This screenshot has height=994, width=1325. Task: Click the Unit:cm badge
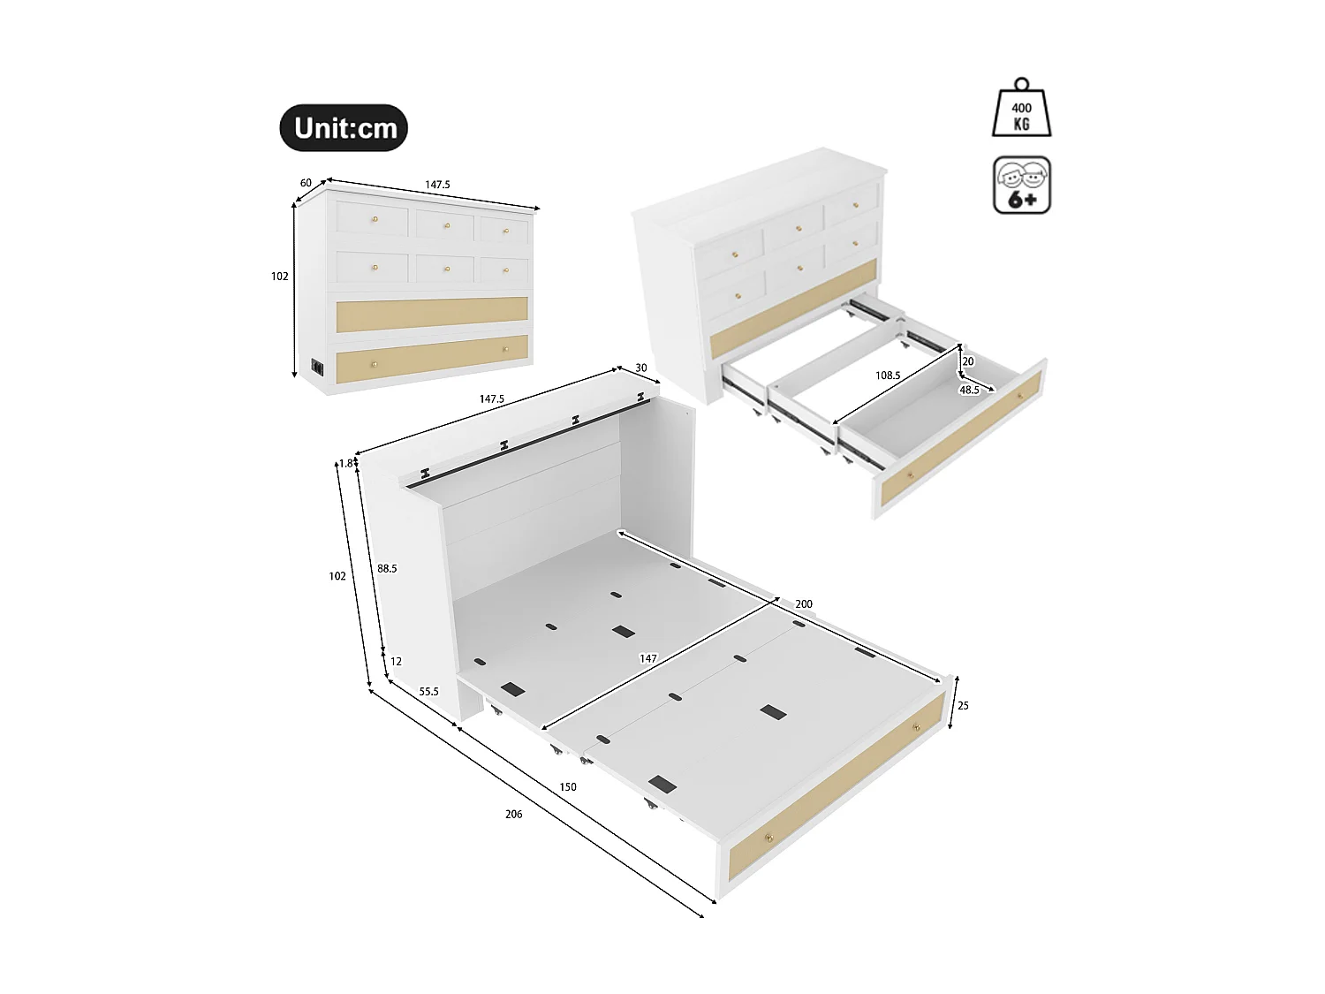344,128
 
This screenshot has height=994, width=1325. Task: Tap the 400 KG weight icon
1022,110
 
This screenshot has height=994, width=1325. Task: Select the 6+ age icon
1022,186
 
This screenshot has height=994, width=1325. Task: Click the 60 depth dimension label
306,183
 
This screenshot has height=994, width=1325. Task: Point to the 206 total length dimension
513,814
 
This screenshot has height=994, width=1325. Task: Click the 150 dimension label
567,786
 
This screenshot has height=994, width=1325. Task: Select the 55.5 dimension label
428,692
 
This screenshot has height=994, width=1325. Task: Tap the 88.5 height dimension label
387,569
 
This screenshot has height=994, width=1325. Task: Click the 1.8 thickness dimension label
345,463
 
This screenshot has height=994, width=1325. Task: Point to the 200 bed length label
804,604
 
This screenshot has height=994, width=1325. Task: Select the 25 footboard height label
963,706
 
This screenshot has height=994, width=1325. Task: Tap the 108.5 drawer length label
887,376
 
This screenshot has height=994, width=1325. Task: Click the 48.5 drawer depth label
969,390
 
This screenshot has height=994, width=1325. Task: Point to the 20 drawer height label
968,361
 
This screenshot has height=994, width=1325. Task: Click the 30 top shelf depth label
640,368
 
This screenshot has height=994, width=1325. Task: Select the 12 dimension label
396,661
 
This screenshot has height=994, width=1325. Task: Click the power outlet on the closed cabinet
316,367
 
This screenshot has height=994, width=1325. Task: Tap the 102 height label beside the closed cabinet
279,277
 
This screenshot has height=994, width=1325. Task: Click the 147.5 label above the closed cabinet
437,185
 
